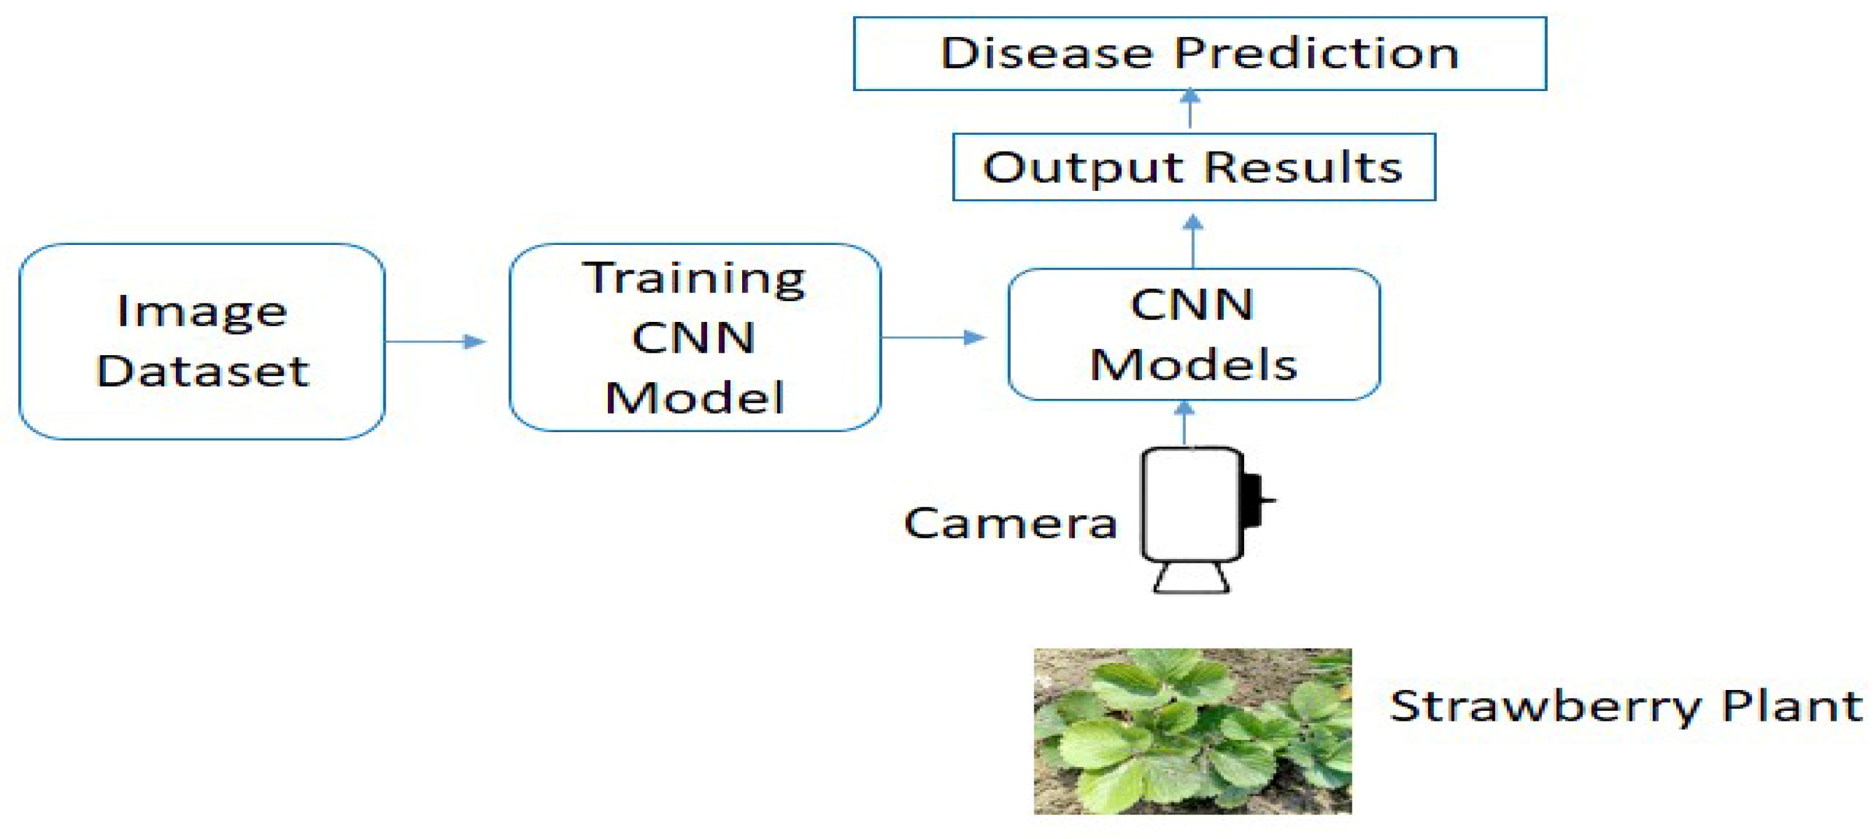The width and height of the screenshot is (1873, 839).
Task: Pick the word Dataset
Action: pos(202,371)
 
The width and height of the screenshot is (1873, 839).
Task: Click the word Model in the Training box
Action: pos(695,398)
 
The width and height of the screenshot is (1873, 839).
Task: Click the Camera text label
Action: pos(1010,523)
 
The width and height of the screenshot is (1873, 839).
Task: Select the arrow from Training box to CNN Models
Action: pos(933,338)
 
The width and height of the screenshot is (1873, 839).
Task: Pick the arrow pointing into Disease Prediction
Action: pos(1189,108)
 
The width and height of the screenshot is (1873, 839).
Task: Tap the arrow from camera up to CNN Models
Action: pos(1185,423)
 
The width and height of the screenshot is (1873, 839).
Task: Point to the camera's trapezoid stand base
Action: pos(1191,579)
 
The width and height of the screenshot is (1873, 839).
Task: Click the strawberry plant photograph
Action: pos(1192,731)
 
